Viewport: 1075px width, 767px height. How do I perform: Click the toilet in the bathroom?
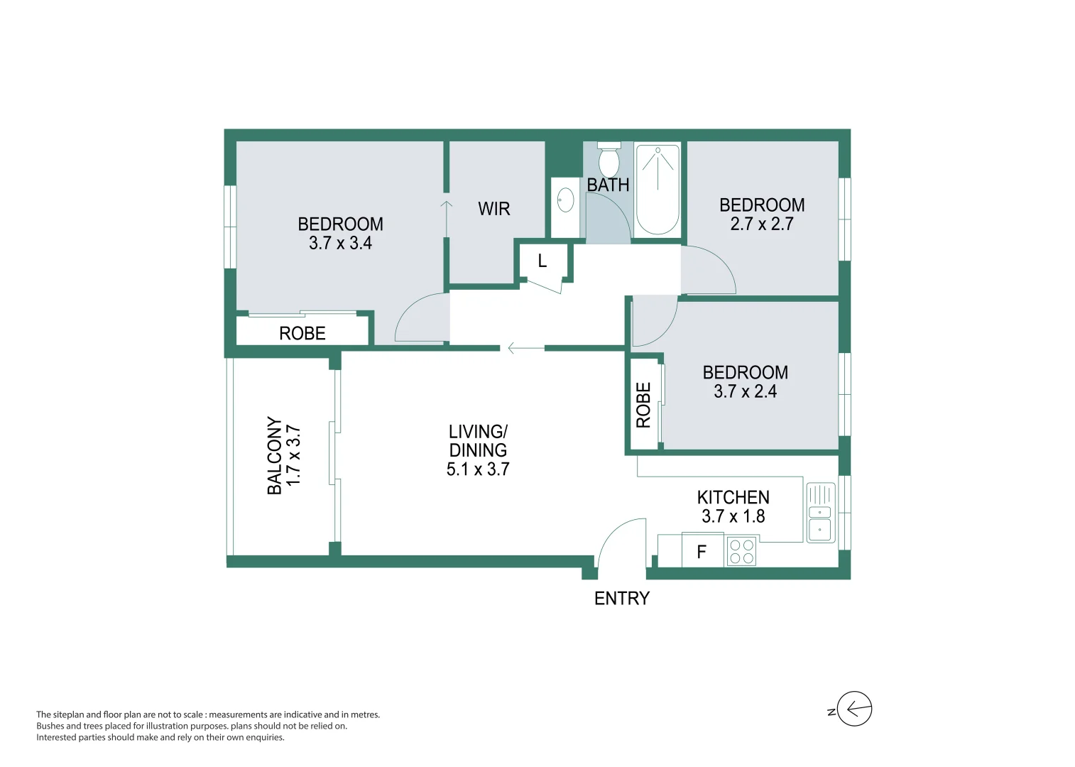pos(609,161)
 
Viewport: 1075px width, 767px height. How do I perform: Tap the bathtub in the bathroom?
pos(657,190)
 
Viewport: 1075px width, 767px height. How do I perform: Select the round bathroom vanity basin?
pos(565,200)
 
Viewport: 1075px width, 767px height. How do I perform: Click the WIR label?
pos(494,209)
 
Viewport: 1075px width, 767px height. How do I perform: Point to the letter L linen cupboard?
pos(542,261)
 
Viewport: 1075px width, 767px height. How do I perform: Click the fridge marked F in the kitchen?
pos(702,552)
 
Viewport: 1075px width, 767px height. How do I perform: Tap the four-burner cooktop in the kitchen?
pos(742,552)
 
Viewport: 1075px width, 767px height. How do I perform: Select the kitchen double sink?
pos(820,513)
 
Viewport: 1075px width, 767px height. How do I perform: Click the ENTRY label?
pos(622,599)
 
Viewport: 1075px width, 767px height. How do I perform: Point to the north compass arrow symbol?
pos(854,709)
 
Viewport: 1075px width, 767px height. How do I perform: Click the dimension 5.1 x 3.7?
pos(478,469)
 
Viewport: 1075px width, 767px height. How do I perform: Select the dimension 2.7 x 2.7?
pos(762,224)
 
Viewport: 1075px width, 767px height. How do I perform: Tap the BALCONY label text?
pos(275,455)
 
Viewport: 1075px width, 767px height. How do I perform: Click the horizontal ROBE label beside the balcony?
pos(302,333)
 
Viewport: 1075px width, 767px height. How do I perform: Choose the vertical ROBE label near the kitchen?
pos(643,406)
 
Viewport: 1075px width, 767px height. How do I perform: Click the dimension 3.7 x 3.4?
pos(340,243)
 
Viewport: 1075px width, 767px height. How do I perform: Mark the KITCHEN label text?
pos(733,497)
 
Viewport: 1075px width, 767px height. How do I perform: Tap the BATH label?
pos(608,185)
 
